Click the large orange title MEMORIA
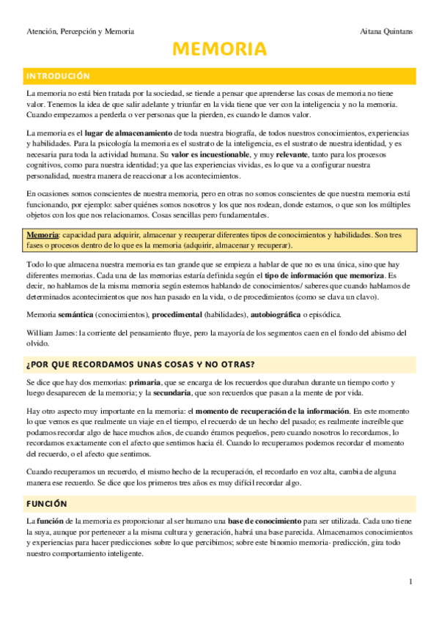click(x=219, y=50)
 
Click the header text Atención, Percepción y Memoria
click(x=80, y=31)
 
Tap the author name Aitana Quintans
click(x=387, y=31)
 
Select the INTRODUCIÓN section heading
click(x=58, y=76)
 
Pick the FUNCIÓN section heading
click(x=47, y=504)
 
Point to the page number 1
click(x=411, y=581)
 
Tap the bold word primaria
click(x=150, y=382)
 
